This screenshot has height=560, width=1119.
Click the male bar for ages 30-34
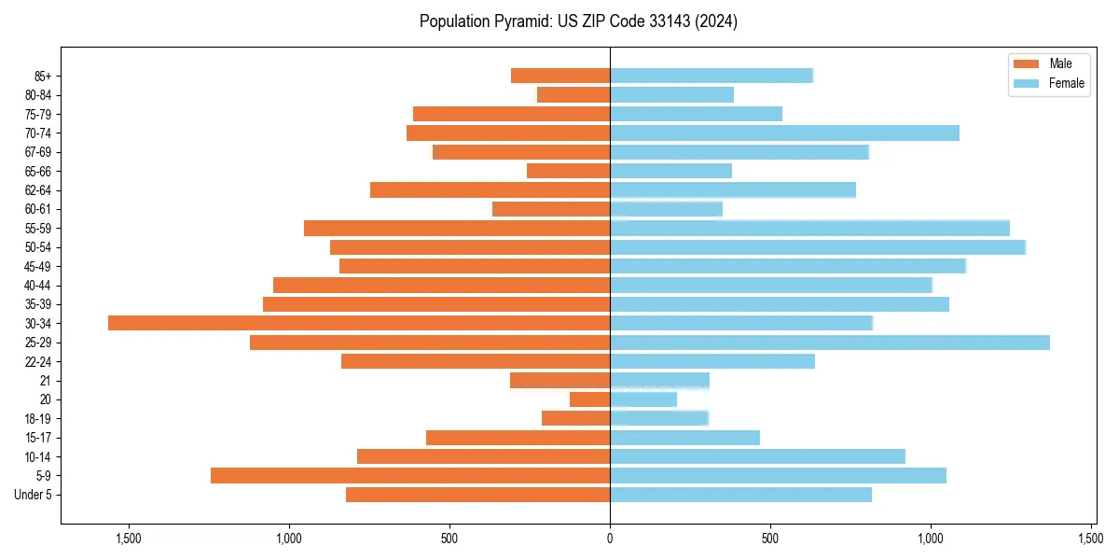[359, 323]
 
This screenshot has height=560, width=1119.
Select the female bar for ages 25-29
[830, 343]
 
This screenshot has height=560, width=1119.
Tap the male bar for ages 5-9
[410, 476]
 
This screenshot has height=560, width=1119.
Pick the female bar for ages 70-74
[784, 133]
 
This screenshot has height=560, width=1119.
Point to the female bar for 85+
[711, 76]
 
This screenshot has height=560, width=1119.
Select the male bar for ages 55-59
[457, 228]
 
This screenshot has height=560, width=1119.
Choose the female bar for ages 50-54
[818, 247]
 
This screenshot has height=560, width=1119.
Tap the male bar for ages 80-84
[573, 95]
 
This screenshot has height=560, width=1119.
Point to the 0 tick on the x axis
[610, 539]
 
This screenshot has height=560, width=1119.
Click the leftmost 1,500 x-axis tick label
[128, 539]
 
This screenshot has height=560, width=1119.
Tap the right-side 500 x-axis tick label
[770, 539]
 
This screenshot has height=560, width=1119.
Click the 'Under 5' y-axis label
[34, 495]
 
